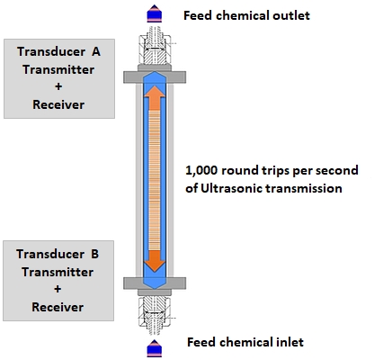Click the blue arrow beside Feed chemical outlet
tap(155, 13)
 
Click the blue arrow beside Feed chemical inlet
tap(155, 348)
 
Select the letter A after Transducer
tap(96, 51)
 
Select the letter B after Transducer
tap(94, 254)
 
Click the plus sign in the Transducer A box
tap(58, 86)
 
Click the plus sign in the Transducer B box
tap(58, 289)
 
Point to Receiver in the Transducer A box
tap(58, 104)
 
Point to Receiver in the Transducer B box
tap(58, 307)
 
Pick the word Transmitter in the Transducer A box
tap(58, 69)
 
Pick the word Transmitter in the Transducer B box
tap(58, 272)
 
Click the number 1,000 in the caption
tap(201, 170)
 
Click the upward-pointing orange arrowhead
tap(155, 92)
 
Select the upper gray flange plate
tap(155, 77)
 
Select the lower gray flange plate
tap(155, 283)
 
